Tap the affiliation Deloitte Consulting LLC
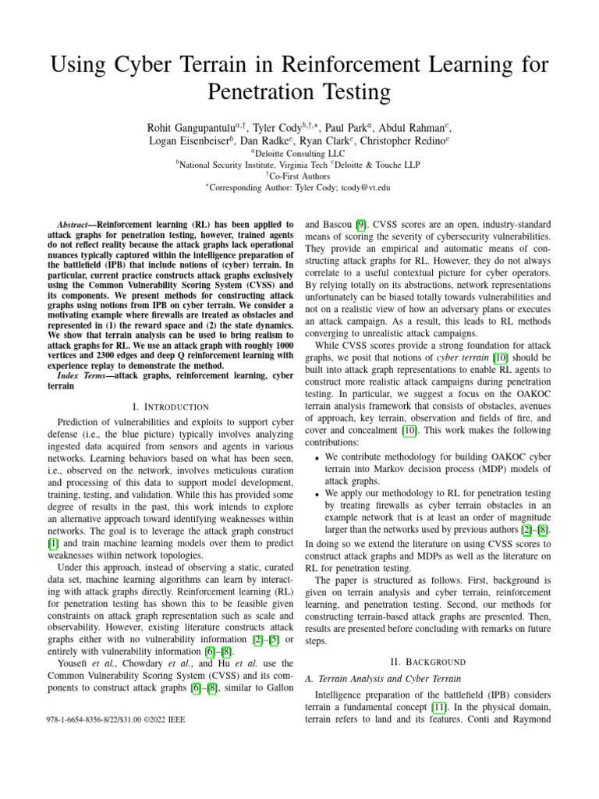tap(303, 154)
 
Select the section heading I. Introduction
tap(172, 407)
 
